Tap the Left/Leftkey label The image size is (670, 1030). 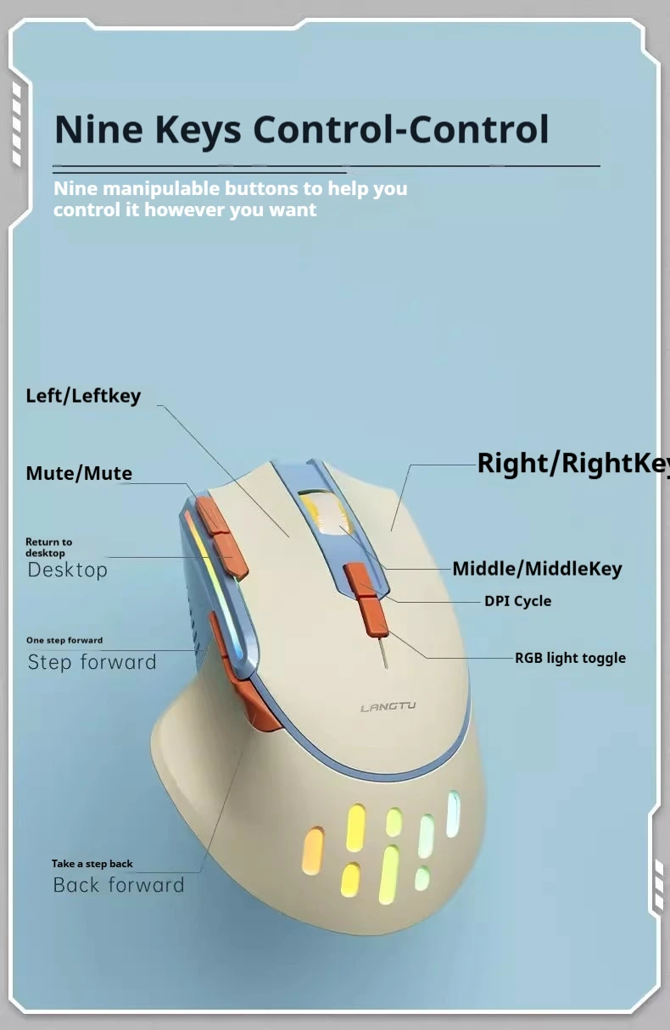pyautogui.click(x=83, y=396)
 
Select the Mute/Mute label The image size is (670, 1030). pyautogui.click(x=79, y=473)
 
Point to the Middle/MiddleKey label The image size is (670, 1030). pyautogui.click(x=537, y=569)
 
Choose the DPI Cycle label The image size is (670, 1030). pyautogui.click(x=517, y=601)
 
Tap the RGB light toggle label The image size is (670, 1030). pyautogui.click(x=570, y=658)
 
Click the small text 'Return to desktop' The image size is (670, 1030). pyautogui.click(x=48, y=547)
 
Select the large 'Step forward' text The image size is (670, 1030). pyautogui.click(x=92, y=662)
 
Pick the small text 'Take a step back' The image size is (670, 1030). pyautogui.click(x=92, y=864)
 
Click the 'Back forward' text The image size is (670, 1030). pyautogui.click(x=118, y=885)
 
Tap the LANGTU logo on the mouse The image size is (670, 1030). pyautogui.click(x=388, y=707)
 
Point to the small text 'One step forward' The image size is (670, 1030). pyautogui.click(x=64, y=640)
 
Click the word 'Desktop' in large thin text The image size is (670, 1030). pyautogui.click(x=67, y=570)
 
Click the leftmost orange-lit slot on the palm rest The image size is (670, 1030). pyautogui.click(x=313, y=851)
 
